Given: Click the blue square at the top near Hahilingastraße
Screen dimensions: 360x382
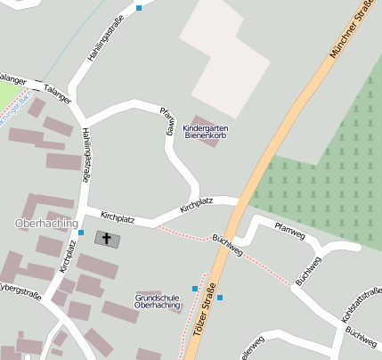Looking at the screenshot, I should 139,8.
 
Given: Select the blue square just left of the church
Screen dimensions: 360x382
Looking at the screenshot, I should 81,233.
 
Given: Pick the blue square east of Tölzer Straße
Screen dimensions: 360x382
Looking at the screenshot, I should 220,298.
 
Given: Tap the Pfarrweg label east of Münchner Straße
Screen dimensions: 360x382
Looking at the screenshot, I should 289,231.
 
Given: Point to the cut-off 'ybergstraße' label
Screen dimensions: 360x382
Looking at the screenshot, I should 20,292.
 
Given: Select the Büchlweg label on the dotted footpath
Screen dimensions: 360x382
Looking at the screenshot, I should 228,244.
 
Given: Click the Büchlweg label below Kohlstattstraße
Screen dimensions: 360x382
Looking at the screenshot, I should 361,336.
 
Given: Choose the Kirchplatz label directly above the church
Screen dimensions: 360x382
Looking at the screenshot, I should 118,217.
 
